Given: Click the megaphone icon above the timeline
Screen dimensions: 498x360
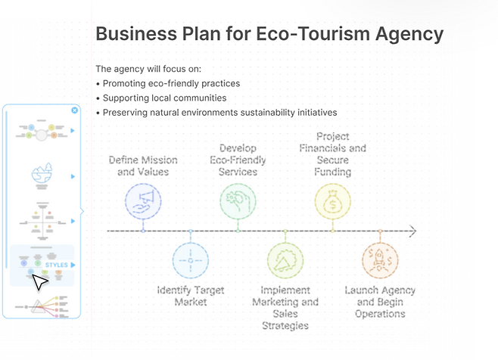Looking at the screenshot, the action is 143,201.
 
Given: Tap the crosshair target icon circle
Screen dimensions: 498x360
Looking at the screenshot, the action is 191,261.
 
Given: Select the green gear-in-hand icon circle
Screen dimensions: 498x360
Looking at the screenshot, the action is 238,201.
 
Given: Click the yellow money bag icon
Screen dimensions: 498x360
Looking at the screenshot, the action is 333,201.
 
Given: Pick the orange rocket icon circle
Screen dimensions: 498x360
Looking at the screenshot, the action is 380,261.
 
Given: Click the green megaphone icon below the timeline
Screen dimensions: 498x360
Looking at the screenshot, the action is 285,261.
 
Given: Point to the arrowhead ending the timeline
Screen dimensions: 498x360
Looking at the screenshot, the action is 413,231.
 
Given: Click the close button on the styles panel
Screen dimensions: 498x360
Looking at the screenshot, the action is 75,110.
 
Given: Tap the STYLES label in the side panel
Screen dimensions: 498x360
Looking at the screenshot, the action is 57,265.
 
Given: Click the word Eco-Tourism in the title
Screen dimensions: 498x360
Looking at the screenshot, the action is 313,33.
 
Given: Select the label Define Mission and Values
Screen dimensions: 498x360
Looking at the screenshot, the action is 143,166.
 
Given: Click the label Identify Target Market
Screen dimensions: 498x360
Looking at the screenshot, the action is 191,296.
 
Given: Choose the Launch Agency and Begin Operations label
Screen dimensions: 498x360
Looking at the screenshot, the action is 380,302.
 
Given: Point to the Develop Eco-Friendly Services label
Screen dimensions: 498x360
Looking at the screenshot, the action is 238,160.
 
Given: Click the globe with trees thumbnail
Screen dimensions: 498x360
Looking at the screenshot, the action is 42,176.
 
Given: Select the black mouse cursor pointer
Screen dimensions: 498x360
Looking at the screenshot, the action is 39,282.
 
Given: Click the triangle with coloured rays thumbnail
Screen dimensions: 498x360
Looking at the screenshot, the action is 42,306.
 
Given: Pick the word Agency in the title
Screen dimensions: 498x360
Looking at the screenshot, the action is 409,34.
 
